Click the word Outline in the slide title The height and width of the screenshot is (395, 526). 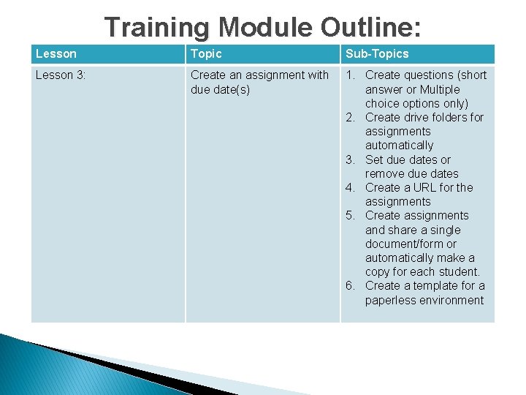coord(370,27)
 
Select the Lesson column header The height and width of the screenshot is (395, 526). coord(56,53)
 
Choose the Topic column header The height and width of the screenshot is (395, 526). coord(206,53)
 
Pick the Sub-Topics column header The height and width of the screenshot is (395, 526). coord(377,53)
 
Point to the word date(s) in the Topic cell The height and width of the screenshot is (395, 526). coord(232,89)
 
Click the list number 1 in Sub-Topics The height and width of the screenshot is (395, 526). coord(351,75)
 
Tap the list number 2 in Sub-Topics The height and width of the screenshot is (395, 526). coord(351,117)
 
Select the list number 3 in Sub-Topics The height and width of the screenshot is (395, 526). coord(351,159)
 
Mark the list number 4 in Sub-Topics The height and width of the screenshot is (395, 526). coord(351,187)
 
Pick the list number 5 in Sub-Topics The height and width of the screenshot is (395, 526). coord(351,215)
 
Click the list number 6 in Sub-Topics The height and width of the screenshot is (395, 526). coord(351,285)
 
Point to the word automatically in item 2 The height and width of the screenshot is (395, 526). coord(399,145)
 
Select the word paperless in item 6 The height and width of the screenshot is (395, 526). coord(392,300)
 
